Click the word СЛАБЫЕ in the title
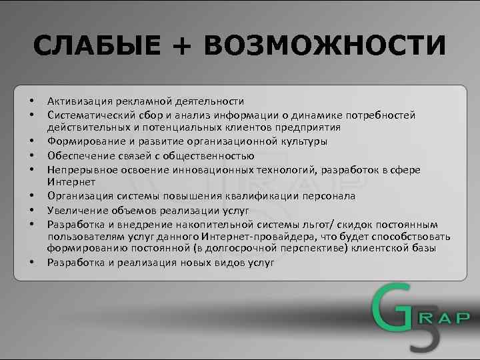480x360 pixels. click(97, 46)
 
